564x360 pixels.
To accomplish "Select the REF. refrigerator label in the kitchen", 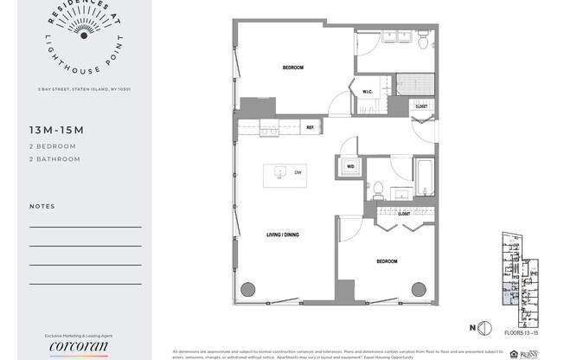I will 310,128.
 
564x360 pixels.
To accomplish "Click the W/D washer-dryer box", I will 350,166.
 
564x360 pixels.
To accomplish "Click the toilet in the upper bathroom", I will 423,40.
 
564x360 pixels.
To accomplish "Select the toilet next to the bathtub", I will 378,190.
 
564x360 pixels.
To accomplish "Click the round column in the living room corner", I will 248,289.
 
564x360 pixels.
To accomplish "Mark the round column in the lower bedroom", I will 420,289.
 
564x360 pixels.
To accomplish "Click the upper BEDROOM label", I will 292,67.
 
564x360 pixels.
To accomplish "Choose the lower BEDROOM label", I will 387,261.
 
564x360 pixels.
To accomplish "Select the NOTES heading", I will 42,207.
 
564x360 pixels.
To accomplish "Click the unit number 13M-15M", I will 55,130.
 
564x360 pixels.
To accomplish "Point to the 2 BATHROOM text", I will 54,159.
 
